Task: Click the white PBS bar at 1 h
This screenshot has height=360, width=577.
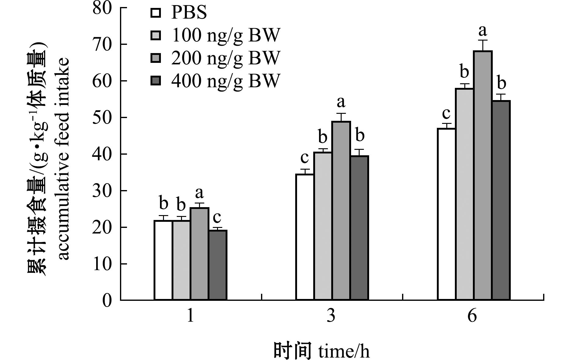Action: (x=163, y=260)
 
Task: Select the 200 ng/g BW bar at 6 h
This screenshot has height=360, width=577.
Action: (x=483, y=175)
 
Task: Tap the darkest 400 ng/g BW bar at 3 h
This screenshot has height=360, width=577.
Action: (x=360, y=228)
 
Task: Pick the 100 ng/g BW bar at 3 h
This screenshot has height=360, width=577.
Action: (x=323, y=226)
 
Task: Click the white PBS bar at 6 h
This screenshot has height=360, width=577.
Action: (x=447, y=214)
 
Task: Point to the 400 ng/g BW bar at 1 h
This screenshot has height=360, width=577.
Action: (x=218, y=265)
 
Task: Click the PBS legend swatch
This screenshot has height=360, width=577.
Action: (x=156, y=13)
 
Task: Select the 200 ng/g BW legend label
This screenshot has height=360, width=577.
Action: (x=225, y=58)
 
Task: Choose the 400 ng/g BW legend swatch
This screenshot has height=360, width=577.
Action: (x=156, y=81)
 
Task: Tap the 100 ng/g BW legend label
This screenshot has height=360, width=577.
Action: (x=225, y=35)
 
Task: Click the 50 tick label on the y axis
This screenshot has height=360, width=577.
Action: (x=103, y=117)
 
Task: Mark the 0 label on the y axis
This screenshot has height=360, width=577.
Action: (x=107, y=301)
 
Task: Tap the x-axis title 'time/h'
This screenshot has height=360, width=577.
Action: (x=344, y=351)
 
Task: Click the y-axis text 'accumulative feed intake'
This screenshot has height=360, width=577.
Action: (x=63, y=159)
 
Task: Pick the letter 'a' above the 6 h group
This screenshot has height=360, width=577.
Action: (x=483, y=31)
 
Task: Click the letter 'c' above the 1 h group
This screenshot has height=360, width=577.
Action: (x=217, y=218)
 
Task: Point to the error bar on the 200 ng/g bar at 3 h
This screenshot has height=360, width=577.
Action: (x=341, y=117)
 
